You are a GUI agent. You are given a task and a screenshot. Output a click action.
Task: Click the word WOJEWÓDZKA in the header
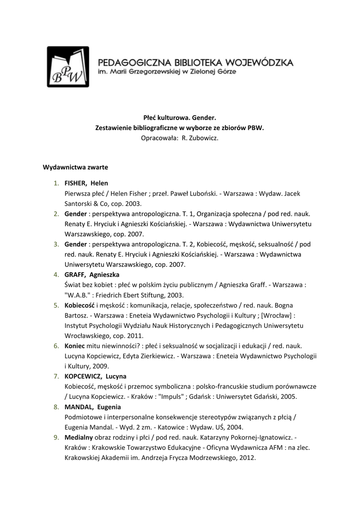259,63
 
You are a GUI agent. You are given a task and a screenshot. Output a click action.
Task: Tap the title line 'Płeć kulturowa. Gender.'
180,118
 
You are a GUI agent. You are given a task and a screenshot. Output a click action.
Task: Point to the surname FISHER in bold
75,183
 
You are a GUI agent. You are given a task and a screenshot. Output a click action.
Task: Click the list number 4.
57,274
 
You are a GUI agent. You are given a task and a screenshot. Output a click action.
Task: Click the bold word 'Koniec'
74,345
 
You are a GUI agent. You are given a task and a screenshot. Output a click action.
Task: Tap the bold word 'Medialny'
78,438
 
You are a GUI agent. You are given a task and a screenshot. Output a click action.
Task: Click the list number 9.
57,438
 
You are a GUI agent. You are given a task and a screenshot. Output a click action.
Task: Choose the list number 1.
57,183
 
